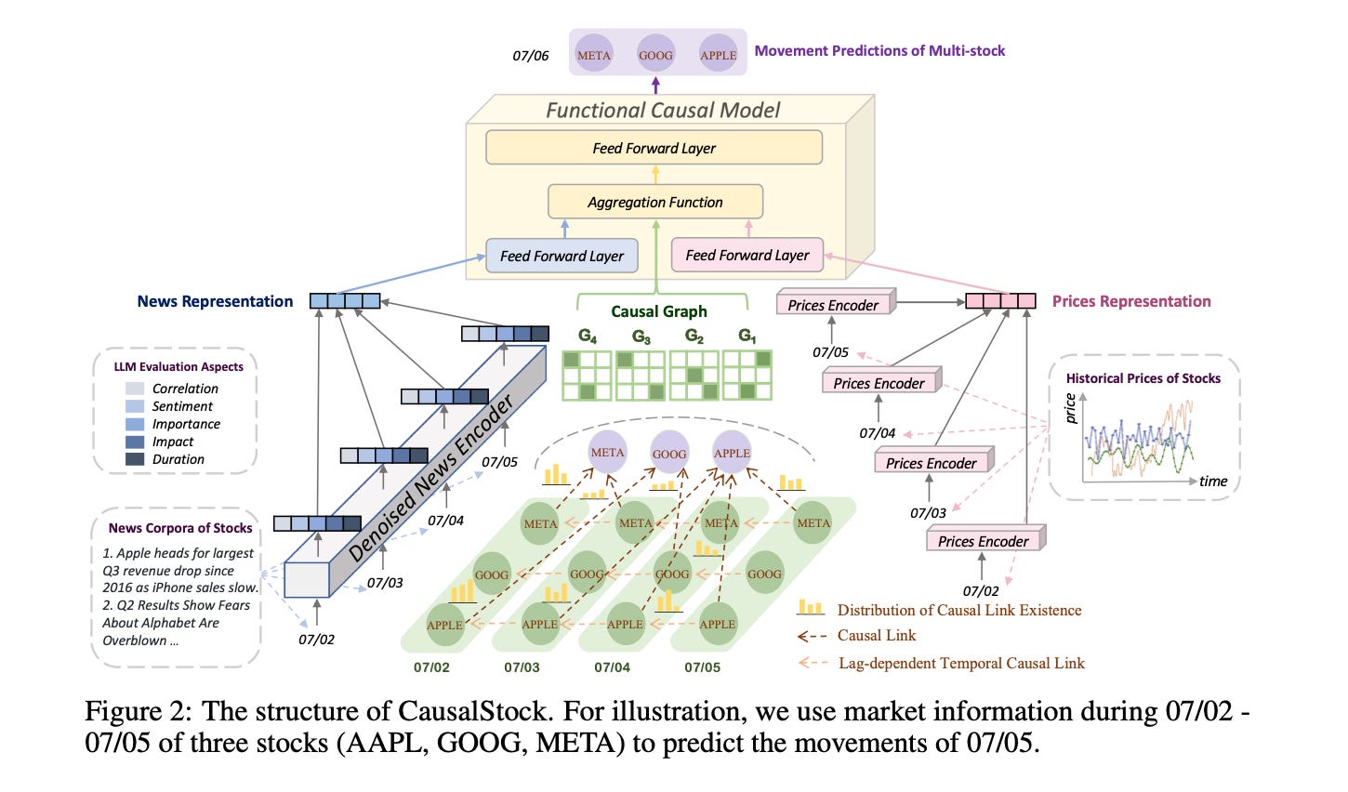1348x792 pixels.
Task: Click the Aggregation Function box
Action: [654, 202]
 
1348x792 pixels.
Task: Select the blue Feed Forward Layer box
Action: [562, 256]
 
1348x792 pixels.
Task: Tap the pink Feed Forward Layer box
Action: [747, 255]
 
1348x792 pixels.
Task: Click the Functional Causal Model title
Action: [662, 111]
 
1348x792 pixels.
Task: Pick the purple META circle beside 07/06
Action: [593, 55]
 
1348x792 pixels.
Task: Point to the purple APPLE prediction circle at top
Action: [718, 55]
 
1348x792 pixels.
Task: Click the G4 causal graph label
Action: [588, 336]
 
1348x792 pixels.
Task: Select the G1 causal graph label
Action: [747, 336]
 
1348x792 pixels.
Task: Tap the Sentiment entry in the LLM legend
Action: [182, 406]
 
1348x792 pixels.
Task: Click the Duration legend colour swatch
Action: [135, 459]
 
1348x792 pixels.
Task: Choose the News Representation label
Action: [215, 301]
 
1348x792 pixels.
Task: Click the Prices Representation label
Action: [1131, 301]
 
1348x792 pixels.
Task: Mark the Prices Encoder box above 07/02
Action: [984, 541]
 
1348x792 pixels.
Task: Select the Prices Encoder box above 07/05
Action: [833, 305]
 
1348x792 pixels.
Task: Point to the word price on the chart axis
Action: [1071, 408]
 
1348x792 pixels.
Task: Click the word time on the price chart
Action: [1213, 482]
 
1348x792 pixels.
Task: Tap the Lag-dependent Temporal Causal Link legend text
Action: [961, 664]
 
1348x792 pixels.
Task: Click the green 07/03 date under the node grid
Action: [522, 667]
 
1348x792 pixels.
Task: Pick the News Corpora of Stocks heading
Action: [180, 528]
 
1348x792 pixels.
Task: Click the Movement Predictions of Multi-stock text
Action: [879, 51]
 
